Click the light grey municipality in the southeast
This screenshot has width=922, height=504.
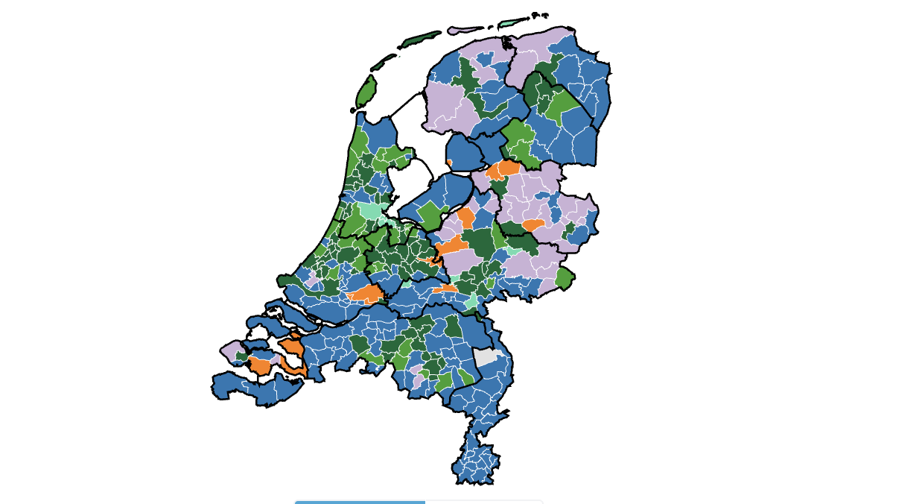[486, 356]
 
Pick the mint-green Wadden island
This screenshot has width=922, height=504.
[510, 22]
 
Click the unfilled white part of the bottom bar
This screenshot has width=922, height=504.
[484, 502]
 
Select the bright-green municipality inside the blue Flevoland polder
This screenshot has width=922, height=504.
[430, 215]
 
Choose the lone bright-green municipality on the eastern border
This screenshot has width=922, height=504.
[565, 279]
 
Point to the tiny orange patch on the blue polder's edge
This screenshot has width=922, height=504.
[449, 163]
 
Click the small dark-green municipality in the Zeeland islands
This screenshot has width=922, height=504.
[242, 356]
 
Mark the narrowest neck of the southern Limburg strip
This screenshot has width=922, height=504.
[469, 432]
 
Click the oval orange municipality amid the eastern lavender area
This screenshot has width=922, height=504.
[533, 225]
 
